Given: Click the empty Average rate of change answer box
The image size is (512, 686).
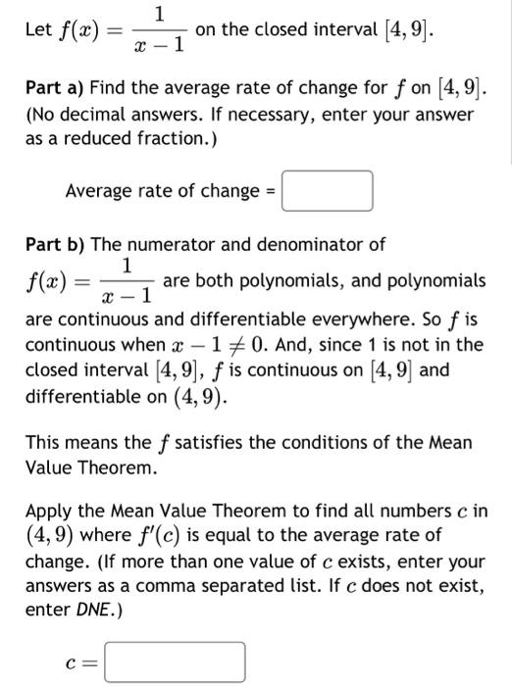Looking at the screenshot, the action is pos(328,191).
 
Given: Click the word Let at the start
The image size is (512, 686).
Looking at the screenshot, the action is pos(37,31).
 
